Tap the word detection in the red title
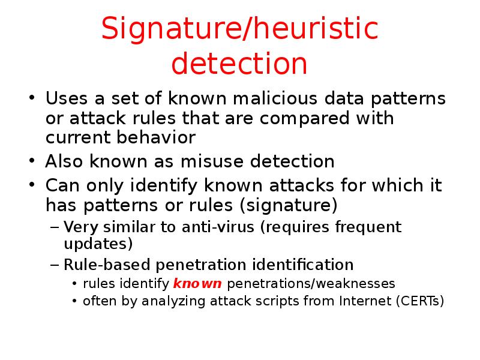[x=240, y=65]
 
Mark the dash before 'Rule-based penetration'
[x=55, y=265]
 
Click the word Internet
[x=366, y=301]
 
